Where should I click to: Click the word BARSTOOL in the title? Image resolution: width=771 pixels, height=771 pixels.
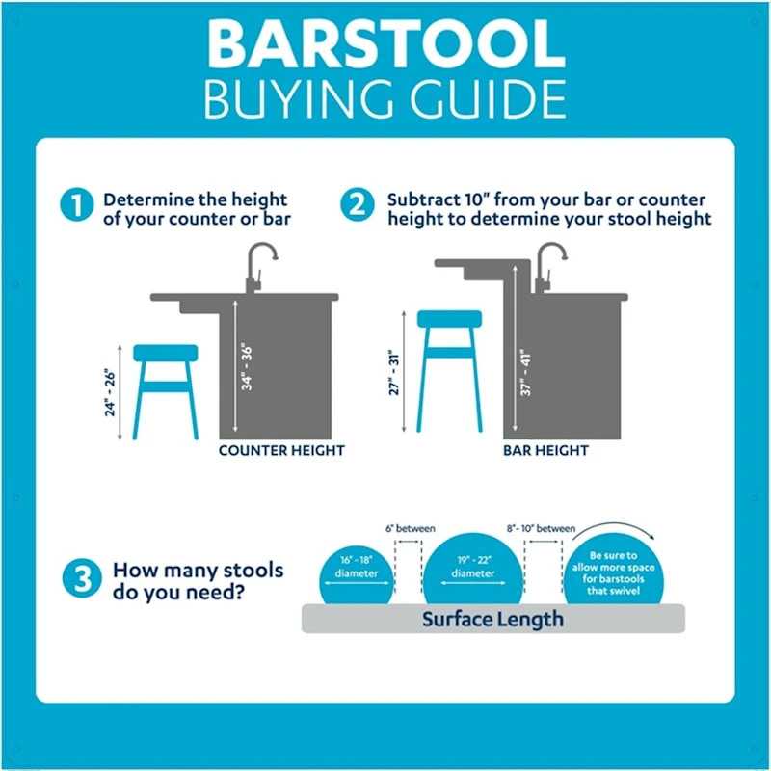click(x=385, y=43)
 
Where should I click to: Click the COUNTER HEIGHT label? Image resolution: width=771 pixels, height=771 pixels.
click(x=281, y=450)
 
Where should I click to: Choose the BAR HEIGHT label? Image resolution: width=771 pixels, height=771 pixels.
click(x=545, y=450)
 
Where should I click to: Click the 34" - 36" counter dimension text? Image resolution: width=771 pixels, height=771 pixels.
click(x=248, y=365)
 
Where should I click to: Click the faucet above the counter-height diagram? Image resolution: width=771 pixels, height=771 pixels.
click(x=258, y=265)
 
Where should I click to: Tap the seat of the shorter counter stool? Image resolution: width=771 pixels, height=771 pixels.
click(x=165, y=354)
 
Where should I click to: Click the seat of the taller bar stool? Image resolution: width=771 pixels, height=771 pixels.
click(x=448, y=319)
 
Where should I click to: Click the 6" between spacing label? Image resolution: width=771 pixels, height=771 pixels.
click(x=409, y=528)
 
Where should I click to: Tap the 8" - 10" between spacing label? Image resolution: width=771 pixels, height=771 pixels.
click(x=542, y=528)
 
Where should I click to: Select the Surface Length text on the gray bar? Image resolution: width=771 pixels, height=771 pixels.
click(x=492, y=619)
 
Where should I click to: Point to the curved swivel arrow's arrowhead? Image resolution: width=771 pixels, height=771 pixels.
click(x=654, y=540)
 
